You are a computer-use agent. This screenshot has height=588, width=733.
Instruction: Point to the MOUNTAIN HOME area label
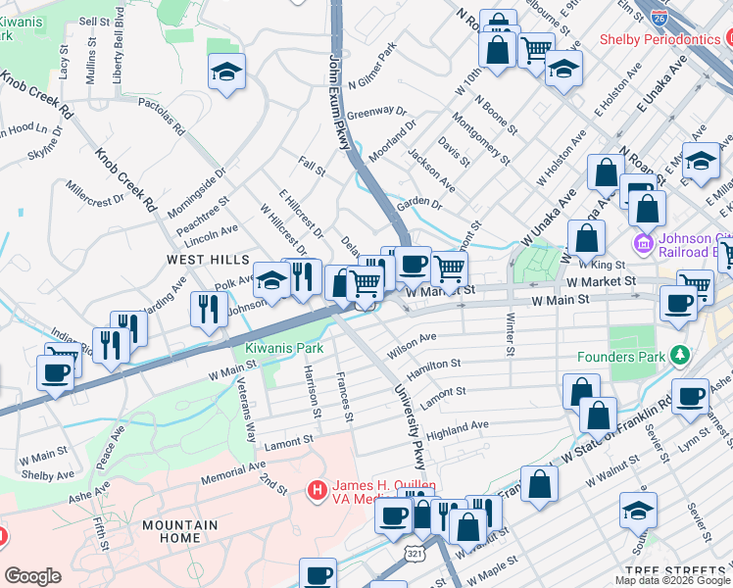[179, 531]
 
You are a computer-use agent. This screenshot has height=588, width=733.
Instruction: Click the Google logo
[32, 576]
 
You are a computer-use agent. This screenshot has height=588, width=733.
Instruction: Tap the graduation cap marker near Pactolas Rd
[226, 72]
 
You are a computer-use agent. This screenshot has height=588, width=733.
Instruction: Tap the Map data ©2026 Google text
[672, 580]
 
